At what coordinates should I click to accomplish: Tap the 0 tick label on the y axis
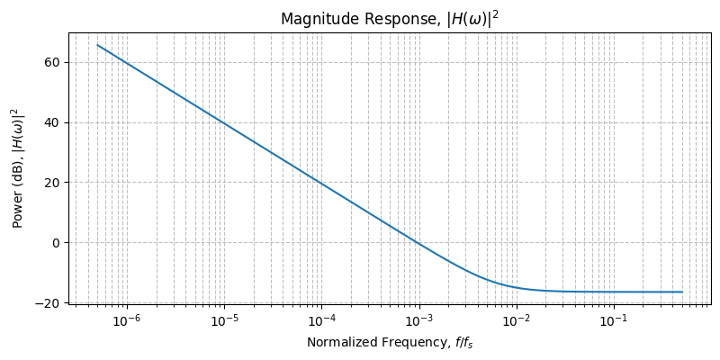[x=57, y=243]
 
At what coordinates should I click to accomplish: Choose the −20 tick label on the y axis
[x=49, y=303]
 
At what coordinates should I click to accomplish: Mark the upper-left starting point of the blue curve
[x=98, y=45]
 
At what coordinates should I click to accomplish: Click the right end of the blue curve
[x=682, y=292]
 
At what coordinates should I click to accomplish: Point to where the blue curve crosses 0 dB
[x=418, y=243]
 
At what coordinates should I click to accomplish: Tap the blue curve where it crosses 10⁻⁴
[x=321, y=183]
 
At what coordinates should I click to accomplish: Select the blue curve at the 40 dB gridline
[x=223, y=122]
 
